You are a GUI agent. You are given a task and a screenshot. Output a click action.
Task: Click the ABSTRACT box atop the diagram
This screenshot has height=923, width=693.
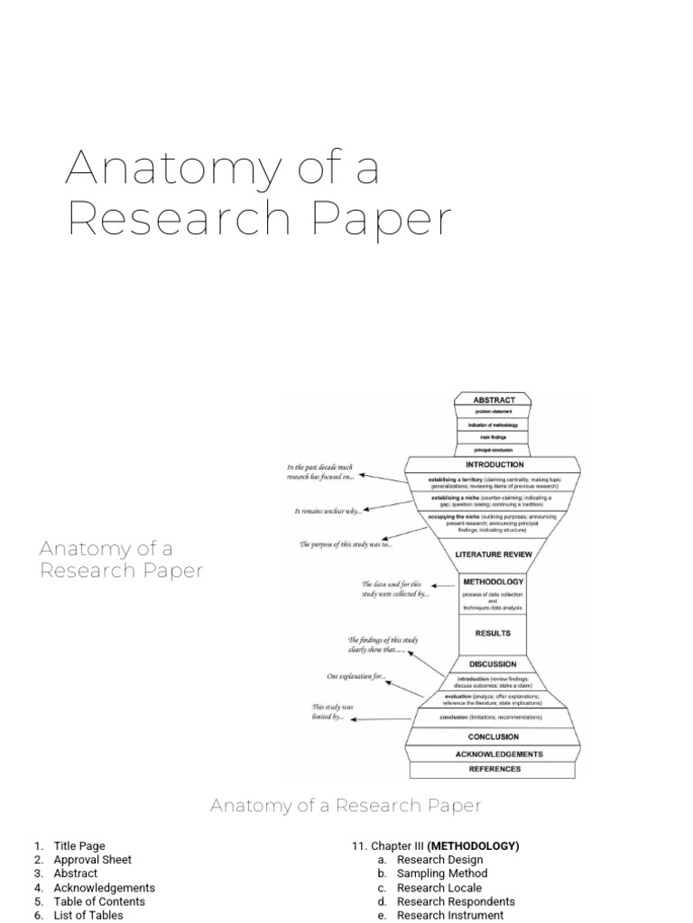coord(494,398)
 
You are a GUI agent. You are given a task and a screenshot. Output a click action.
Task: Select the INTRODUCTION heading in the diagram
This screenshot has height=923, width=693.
coord(494,464)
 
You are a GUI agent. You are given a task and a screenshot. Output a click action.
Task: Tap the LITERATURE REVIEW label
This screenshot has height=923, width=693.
coord(494,555)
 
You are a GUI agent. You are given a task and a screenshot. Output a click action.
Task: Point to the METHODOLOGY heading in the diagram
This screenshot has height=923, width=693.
coord(493,581)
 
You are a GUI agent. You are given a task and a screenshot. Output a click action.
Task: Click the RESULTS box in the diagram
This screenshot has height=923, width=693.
coord(493,633)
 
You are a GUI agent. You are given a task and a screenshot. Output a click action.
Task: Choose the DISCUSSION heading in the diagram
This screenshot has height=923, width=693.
coord(493,664)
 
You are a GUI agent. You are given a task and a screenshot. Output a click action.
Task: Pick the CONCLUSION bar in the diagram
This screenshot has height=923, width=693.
coord(494,736)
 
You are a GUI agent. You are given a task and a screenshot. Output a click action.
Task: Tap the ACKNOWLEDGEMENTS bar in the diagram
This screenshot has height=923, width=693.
coord(494,754)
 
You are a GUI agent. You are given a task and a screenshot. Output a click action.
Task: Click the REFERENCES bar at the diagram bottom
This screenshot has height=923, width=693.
coord(494,769)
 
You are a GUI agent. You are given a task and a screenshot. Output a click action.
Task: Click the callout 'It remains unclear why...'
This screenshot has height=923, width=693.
coord(328,511)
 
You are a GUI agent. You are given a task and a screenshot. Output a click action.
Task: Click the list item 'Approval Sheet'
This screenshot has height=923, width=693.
coord(93,860)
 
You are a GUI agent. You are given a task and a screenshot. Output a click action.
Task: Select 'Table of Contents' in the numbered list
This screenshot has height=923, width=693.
coord(99,901)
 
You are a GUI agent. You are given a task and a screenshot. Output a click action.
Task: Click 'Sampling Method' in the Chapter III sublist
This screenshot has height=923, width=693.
coord(443,873)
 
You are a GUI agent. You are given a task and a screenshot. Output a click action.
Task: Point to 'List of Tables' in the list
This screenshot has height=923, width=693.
coord(88,915)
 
